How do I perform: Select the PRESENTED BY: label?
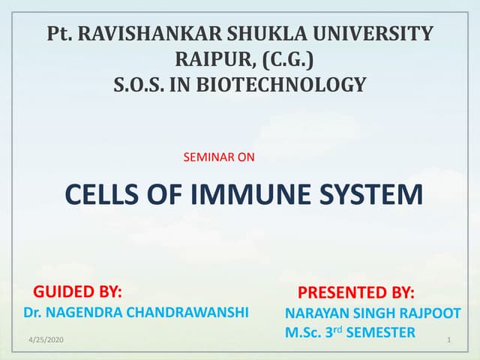coord(356,292)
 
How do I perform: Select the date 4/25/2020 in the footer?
coord(46,341)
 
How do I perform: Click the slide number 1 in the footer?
coord(447,341)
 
